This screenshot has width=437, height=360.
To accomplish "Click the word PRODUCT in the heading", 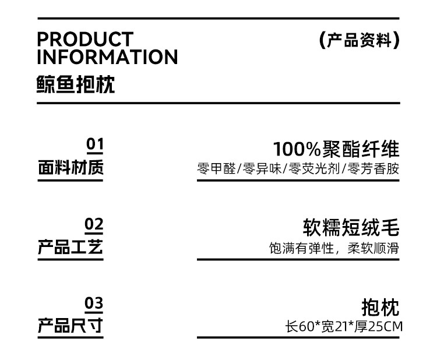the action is (x=85, y=40).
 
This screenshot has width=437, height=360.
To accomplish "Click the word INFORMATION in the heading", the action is (x=107, y=57).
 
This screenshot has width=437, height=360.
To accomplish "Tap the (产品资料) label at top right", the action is (x=360, y=40).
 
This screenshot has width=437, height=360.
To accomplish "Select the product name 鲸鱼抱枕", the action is (x=76, y=84).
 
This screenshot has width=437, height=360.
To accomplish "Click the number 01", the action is (x=94, y=144).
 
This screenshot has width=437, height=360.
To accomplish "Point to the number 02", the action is (x=94, y=224).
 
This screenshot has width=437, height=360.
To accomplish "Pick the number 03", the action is (x=94, y=303).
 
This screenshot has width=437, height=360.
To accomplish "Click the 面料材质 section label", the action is (x=71, y=168).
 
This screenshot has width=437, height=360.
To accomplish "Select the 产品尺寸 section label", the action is (x=71, y=326).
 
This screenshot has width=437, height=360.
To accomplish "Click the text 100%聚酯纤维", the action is (x=336, y=149).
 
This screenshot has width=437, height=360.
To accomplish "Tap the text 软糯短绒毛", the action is (x=351, y=228).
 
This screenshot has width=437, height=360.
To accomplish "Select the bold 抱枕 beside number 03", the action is (x=380, y=307).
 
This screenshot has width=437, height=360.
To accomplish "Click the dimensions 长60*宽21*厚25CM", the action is (x=343, y=327).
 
